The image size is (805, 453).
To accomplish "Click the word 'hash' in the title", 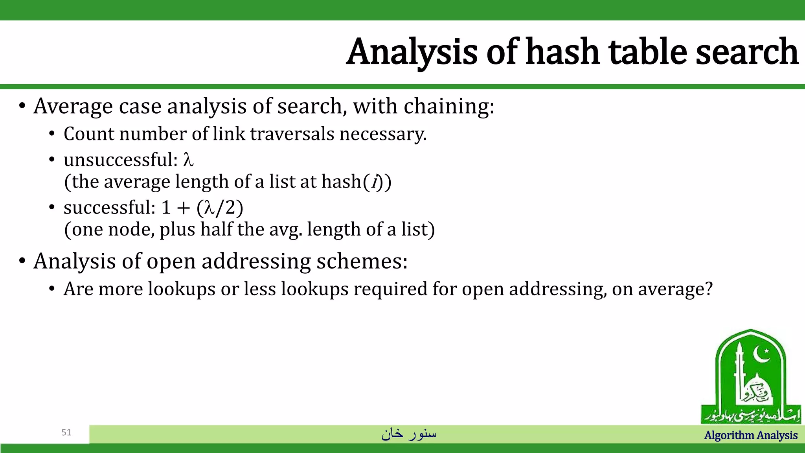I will click(x=562, y=52).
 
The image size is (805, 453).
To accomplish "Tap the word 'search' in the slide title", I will click(x=746, y=52).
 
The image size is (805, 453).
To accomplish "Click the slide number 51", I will click(x=66, y=433).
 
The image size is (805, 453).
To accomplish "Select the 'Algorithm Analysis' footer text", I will click(x=750, y=435).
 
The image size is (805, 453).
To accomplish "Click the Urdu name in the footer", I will click(x=409, y=433).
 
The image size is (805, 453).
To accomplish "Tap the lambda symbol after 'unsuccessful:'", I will click(x=188, y=160).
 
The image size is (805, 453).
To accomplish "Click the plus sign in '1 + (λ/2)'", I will click(x=183, y=208).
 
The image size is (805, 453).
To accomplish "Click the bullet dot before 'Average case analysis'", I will click(x=22, y=106).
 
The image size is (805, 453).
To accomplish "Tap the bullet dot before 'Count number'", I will click(x=51, y=134).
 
